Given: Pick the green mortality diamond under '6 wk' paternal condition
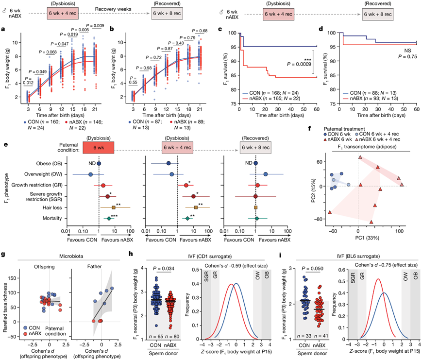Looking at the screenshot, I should [109, 219].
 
